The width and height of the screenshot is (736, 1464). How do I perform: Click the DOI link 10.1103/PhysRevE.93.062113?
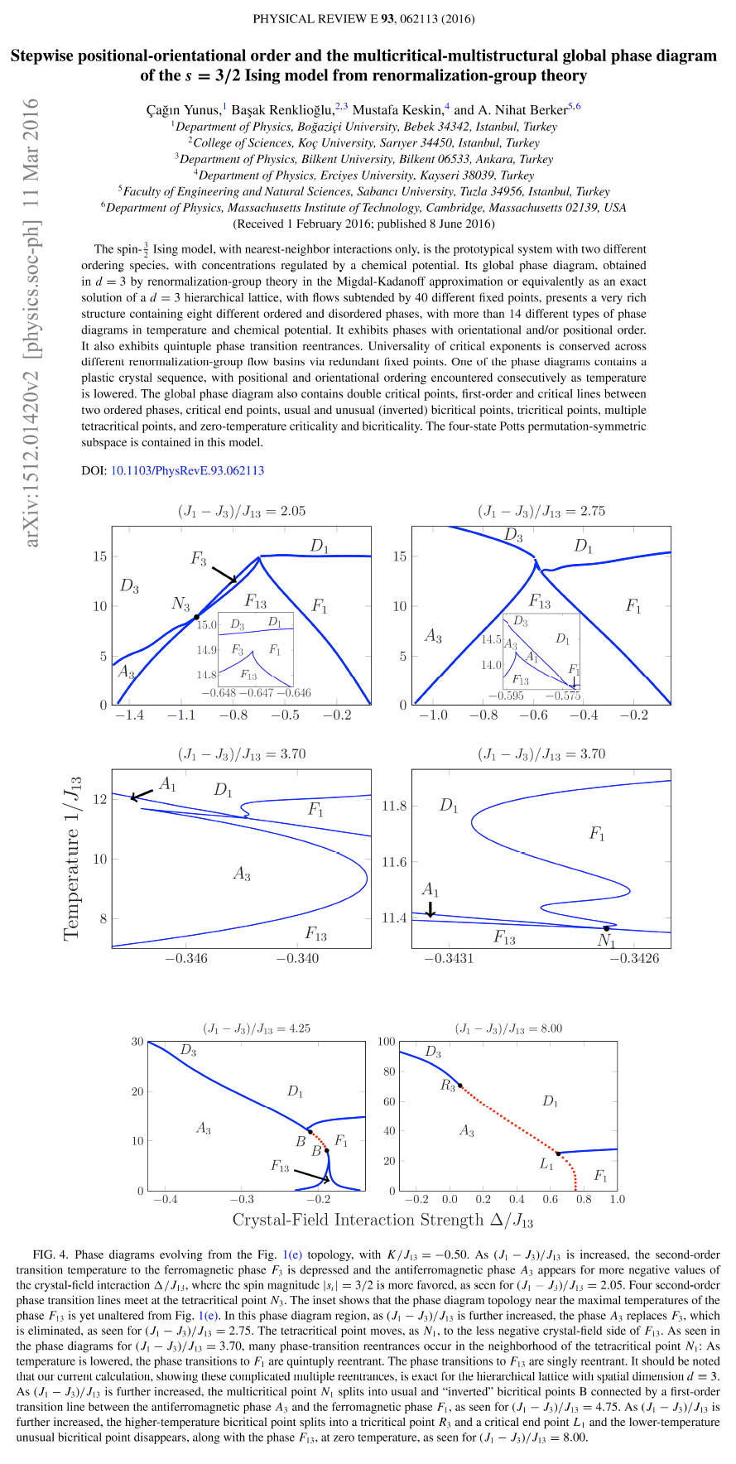point(187,470)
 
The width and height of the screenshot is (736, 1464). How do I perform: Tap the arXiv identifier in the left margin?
point(32,323)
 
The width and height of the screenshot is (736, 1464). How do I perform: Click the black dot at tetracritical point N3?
point(196,617)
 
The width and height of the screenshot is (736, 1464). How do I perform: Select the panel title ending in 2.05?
point(241,511)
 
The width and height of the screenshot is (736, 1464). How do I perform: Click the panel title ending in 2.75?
point(541,511)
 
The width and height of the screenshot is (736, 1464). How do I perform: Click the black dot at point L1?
point(558,1153)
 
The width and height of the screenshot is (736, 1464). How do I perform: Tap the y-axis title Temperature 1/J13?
point(73,857)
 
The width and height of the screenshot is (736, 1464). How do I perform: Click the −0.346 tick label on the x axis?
point(187,958)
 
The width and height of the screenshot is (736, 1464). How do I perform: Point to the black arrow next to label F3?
point(224,574)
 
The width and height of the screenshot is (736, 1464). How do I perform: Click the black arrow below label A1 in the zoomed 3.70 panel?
point(430,908)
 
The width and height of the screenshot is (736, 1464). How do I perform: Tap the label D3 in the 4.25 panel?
point(189,1051)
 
